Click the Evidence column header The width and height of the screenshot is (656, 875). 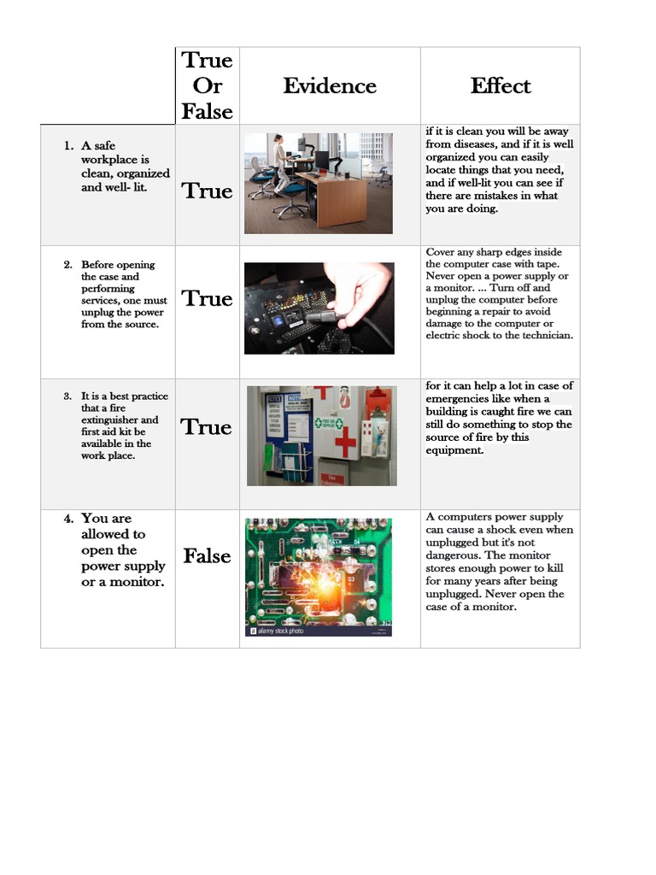(330, 85)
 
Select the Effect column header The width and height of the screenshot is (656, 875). (500, 85)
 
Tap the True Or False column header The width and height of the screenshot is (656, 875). (207, 85)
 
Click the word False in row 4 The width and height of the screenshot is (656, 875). (207, 556)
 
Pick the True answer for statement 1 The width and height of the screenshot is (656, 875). (207, 191)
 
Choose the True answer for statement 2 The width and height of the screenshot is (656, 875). (207, 298)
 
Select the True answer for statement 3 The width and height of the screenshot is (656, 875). (207, 427)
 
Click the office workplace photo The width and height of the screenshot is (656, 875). (318, 183)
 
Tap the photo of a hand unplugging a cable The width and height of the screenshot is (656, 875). (319, 308)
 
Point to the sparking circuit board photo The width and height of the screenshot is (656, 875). (318, 573)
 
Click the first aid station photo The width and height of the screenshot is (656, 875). (321, 436)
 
